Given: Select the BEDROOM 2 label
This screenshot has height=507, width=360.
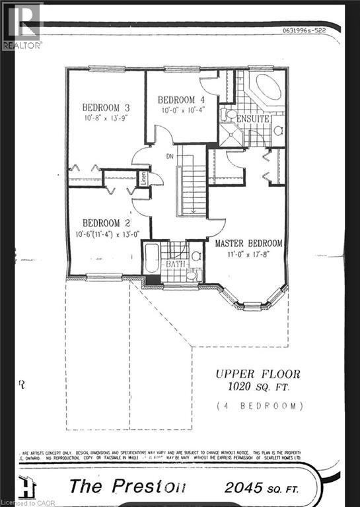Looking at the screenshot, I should [x=102, y=223].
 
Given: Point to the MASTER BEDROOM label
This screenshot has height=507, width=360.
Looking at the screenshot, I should [x=249, y=243].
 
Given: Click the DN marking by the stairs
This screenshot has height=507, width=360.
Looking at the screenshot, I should [x=169, y=156].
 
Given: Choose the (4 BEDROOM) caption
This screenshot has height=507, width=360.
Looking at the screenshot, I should [x=259, y=405].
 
